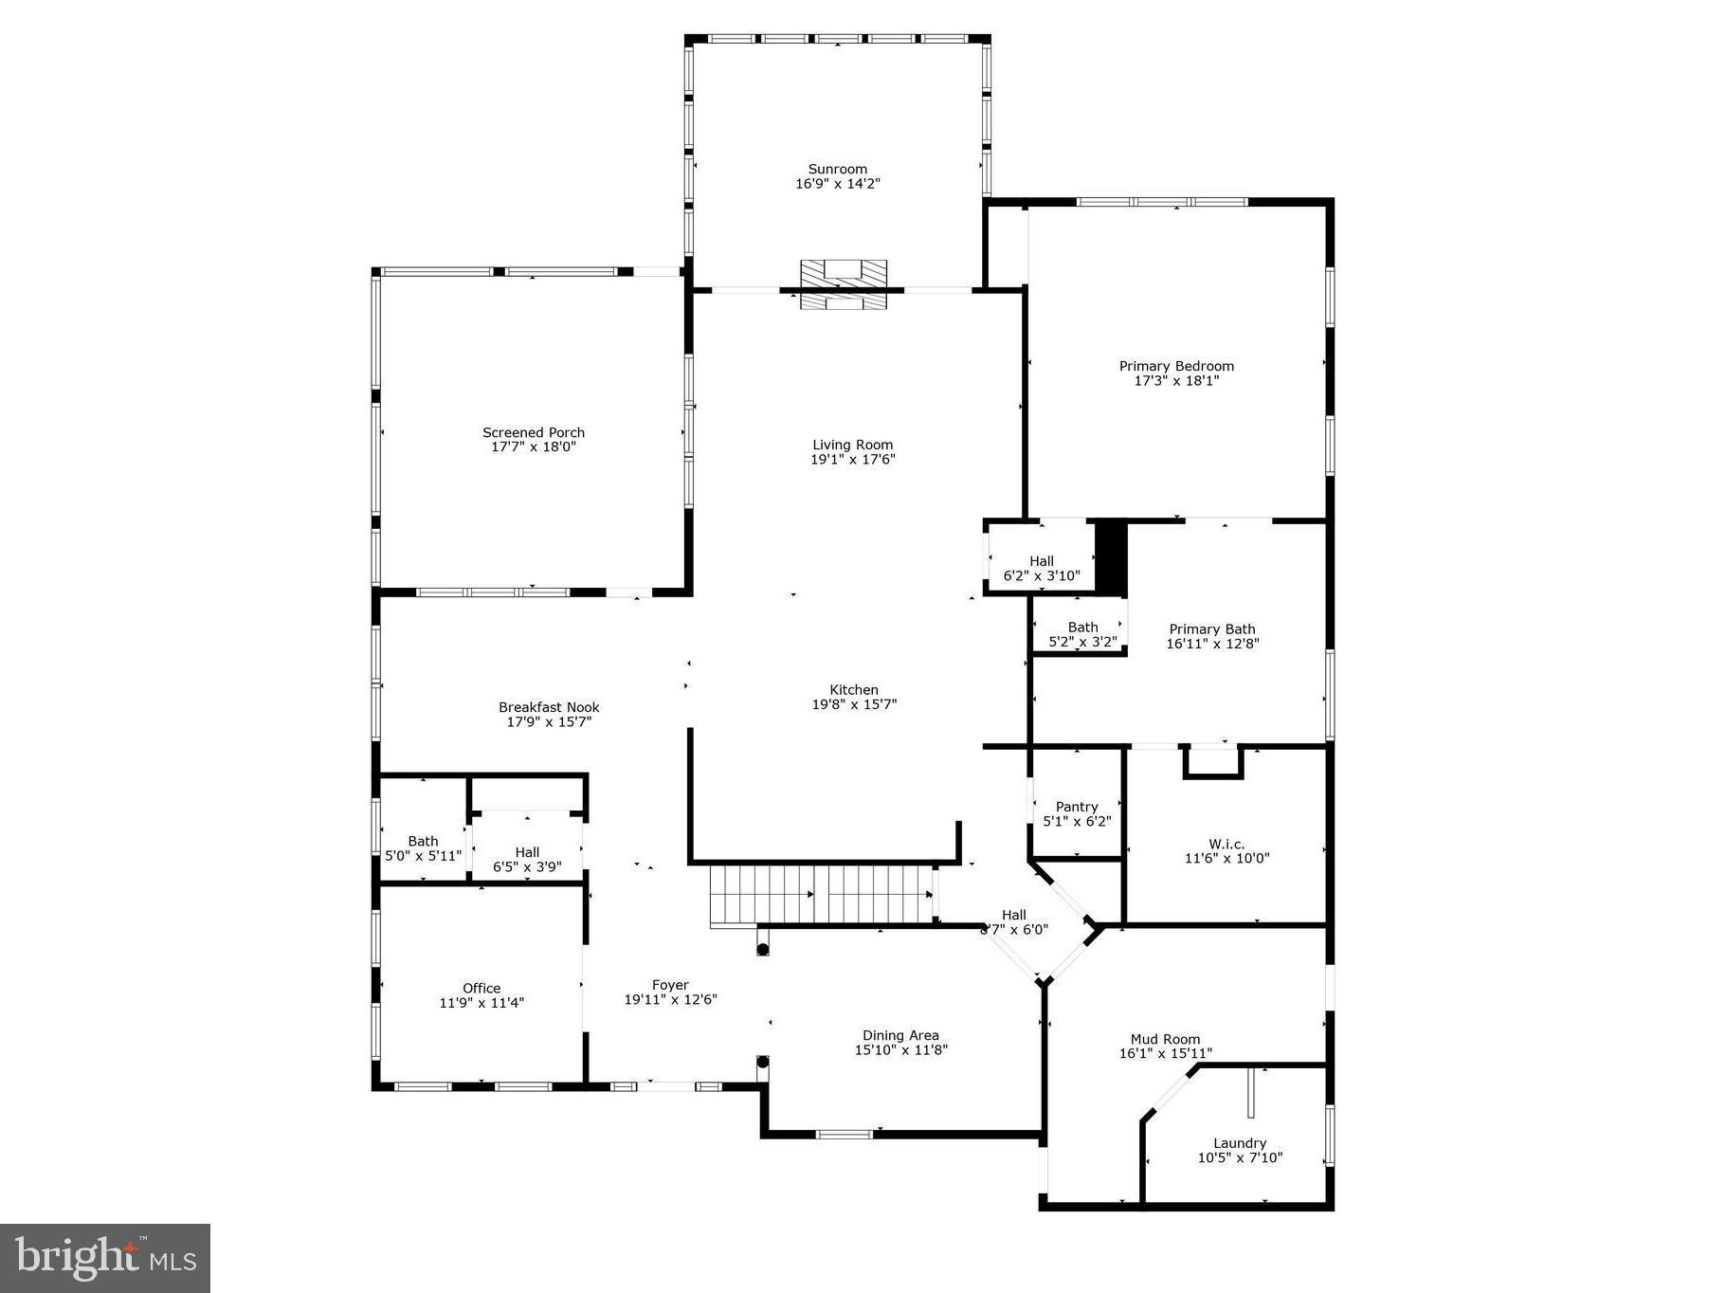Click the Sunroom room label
point(837,170)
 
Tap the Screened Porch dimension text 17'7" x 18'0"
point(534,446)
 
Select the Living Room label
point(852,445)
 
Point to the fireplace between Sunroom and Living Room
point(843,283)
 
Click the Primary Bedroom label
point(1176,366)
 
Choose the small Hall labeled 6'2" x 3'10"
point(1041,568)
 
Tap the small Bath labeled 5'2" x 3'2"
point(1082,634)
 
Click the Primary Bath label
point(1211,629)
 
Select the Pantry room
point(1077,813)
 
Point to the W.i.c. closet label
point(1226,844)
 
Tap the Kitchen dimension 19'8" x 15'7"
point(854,704)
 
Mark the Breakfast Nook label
point(549,707)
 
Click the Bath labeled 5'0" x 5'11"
point(423,847)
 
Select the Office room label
point(481,988)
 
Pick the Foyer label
point(670,985)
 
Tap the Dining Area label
point(900,1035)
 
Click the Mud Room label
point(1165,1039)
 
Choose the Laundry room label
point(1239,1143)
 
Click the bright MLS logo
point(105,1258)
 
